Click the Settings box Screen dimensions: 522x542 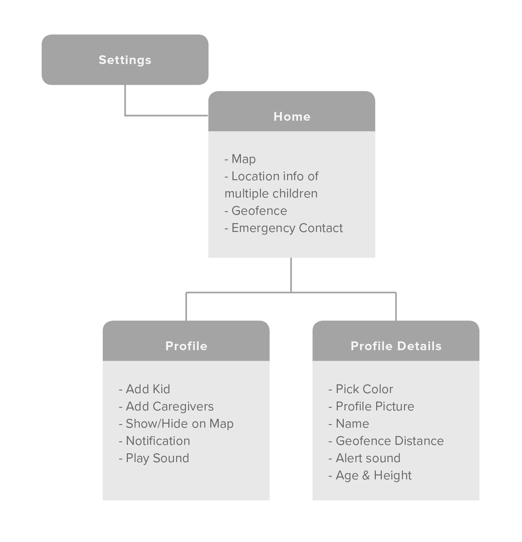point(125,59)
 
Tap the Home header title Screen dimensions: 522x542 point(292,116)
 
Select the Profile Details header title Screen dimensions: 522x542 point(396,346)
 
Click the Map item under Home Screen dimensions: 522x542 point(240,159)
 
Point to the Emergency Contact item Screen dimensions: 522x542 point(284,228)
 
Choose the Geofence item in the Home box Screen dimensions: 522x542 point(256,211)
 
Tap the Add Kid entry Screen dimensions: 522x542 point(144,389)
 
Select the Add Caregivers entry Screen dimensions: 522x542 point(166,406)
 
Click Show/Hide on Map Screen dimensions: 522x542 point(176,424)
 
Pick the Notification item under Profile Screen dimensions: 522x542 point(154,441)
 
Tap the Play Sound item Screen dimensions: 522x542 point(154,458)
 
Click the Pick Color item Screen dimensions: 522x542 point(361,389)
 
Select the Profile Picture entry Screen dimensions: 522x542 point(371,406)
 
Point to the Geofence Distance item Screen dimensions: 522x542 point(386,441)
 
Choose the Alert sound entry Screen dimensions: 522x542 point(364,458)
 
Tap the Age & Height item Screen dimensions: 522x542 point(370,475)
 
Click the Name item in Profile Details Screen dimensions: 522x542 point(349,424)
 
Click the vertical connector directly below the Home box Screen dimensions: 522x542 point(291,275)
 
